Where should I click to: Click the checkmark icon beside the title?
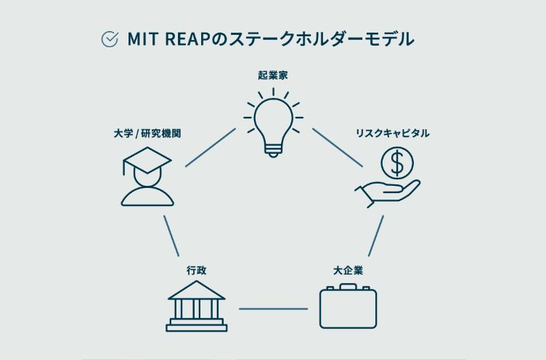coord(110,39)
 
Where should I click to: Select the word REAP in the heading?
coord(186,39)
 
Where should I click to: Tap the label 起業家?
coord(272,75)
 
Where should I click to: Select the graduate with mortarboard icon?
coord(147,176)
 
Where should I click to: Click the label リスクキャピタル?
coord(392,134)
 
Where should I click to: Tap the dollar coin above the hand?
coord(397,163)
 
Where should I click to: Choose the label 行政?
coord(196,270)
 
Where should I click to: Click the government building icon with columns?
coord(196,306)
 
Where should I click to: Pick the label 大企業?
coord(348,270)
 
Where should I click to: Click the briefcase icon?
coord(349,308)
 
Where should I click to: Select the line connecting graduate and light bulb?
coord(211,148)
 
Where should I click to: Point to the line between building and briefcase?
coord(273,308)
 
